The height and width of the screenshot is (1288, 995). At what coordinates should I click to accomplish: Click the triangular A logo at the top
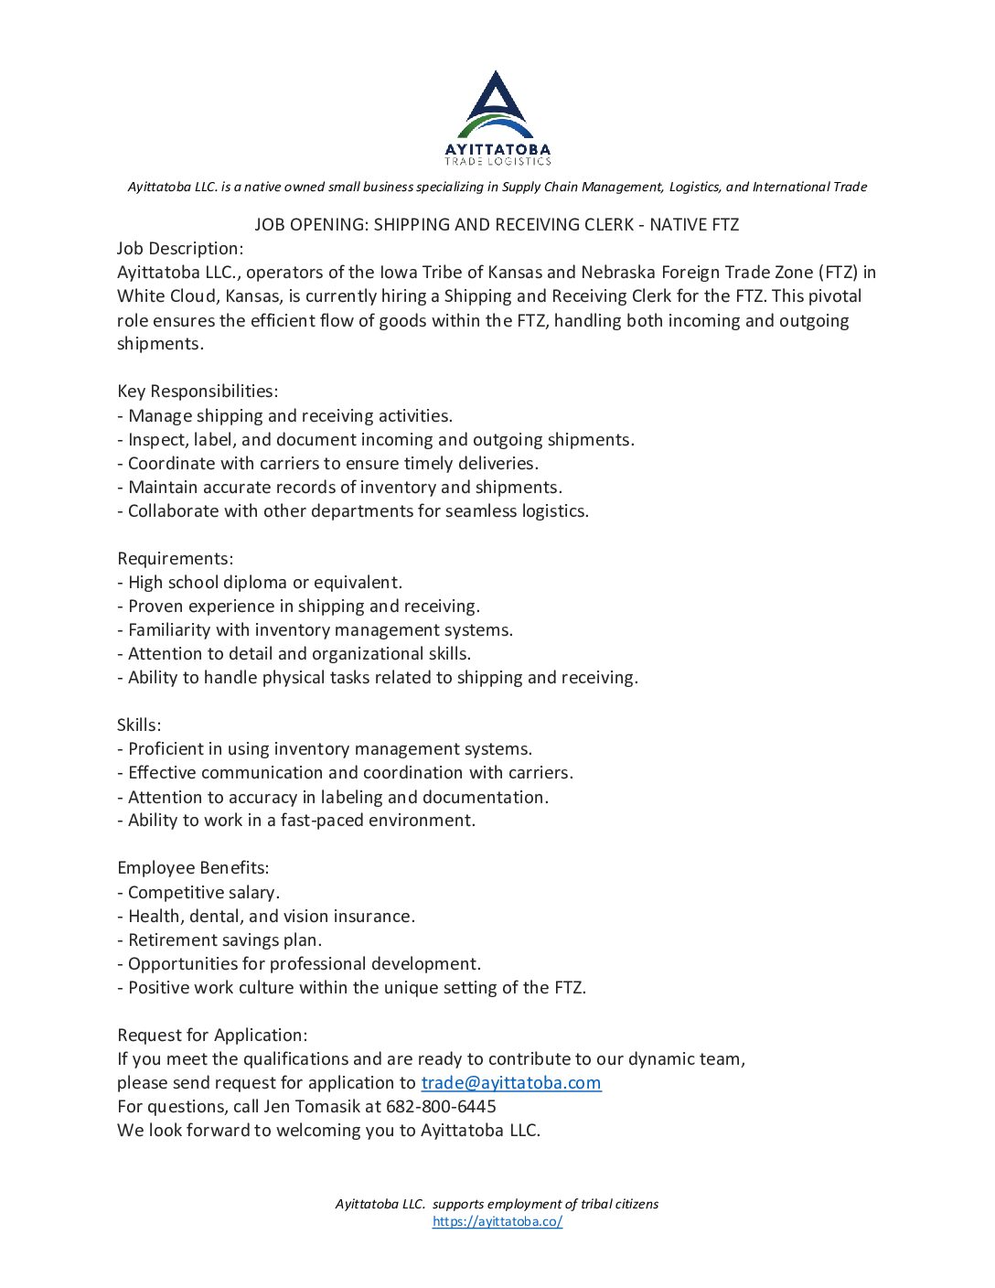tap(497, 102)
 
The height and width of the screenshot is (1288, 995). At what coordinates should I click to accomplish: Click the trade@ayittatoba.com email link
tap(510, 1083)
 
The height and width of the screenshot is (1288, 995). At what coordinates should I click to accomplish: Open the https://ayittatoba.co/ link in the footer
tap(497, 1221)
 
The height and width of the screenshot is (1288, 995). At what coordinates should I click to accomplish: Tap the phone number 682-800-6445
tap(441, 1107)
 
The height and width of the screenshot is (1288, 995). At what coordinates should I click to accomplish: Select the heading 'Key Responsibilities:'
tap(198, 392)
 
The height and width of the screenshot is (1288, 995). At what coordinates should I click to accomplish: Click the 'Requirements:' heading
tap(175, 559)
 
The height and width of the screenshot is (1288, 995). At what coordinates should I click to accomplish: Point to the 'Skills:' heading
tap(139, 725)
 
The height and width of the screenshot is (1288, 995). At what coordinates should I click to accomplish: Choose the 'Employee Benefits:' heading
tap(193, 868)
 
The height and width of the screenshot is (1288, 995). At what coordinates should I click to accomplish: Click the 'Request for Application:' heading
tap(212, 1036)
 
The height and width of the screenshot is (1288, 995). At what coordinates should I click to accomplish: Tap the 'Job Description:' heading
tap(180, 249)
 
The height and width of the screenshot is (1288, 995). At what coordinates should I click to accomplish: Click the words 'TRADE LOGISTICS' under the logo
tap(497, 161)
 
